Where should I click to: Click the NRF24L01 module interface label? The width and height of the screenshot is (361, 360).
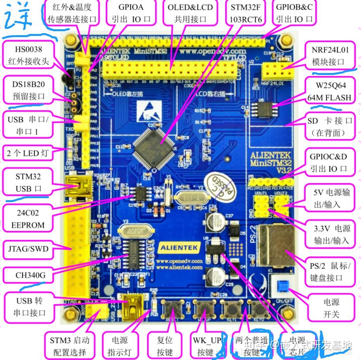[x=328, y=56]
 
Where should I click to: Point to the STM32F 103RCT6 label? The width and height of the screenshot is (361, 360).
[x=245, y=13]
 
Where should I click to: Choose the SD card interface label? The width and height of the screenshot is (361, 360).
[x=329, y=127]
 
